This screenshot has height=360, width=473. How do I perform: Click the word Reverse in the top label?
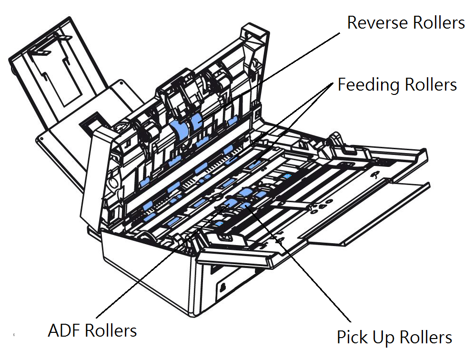[378, 23]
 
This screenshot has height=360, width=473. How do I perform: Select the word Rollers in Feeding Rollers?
[431, 84]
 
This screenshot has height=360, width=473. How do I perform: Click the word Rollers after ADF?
[111, 330]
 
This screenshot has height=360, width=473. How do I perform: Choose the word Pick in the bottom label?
[352, 337]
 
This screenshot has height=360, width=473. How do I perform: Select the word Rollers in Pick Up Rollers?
[426, 337]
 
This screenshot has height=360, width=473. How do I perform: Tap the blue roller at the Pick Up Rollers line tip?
[245, 206]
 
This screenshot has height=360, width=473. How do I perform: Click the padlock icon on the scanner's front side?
[222, 287]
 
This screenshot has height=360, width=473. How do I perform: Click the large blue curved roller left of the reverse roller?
[180, 130]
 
